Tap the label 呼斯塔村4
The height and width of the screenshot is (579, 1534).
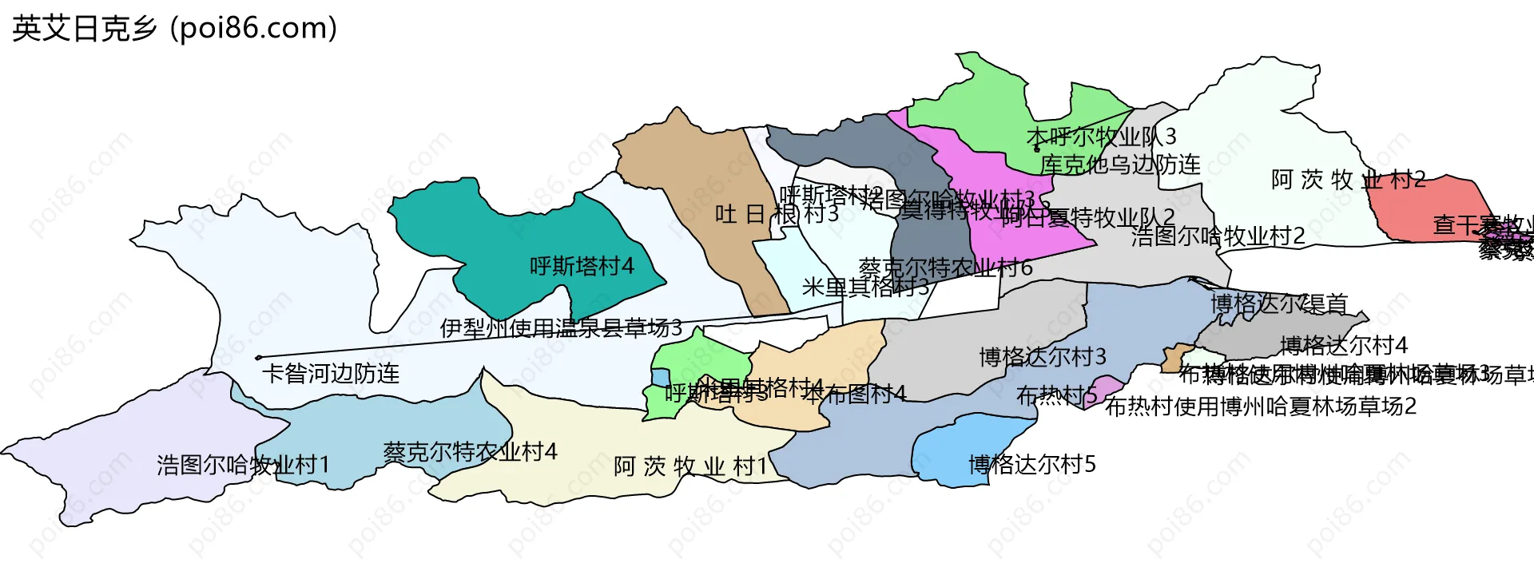[x=582, y=266]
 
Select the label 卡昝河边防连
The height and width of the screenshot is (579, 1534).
[x=331, y=374]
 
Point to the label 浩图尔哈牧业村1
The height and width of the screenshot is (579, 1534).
[x=243, y=465]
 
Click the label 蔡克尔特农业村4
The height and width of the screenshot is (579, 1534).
[x=470, y=452]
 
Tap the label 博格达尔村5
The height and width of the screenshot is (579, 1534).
[x=1031, y=465]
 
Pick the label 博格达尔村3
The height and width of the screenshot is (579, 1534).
[x=1043, y=357]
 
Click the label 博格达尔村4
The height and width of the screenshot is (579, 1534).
[x=1343, y=346]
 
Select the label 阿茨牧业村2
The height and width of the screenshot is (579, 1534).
[x=1348, y=180]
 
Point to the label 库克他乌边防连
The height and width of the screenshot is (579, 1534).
[x=1120, y=165]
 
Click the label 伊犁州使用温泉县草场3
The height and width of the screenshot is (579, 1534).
[x=561, y=327]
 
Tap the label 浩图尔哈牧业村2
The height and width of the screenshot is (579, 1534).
[x=1218, y=236]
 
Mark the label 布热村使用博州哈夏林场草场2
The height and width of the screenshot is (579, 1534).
[x=1260, y=406]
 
